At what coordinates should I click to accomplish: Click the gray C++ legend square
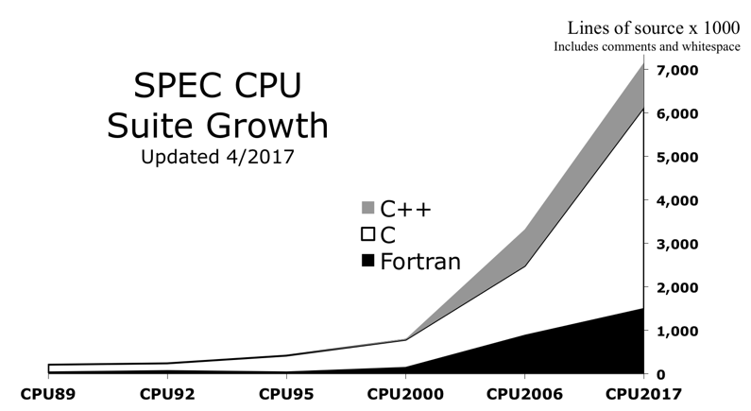pyautogui.click(x=368, y=209)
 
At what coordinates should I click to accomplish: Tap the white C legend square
pyautogui.click(x=368, y=234)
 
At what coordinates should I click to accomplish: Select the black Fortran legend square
pyautogui.click(x=368, y=261)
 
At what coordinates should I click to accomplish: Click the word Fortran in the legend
pyautogui.click(x=420, y=261)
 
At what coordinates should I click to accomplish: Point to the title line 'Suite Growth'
pyautogui.click(x=217, y=125)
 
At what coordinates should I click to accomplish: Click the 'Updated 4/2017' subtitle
pyautogui.click(x=217, y=157)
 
